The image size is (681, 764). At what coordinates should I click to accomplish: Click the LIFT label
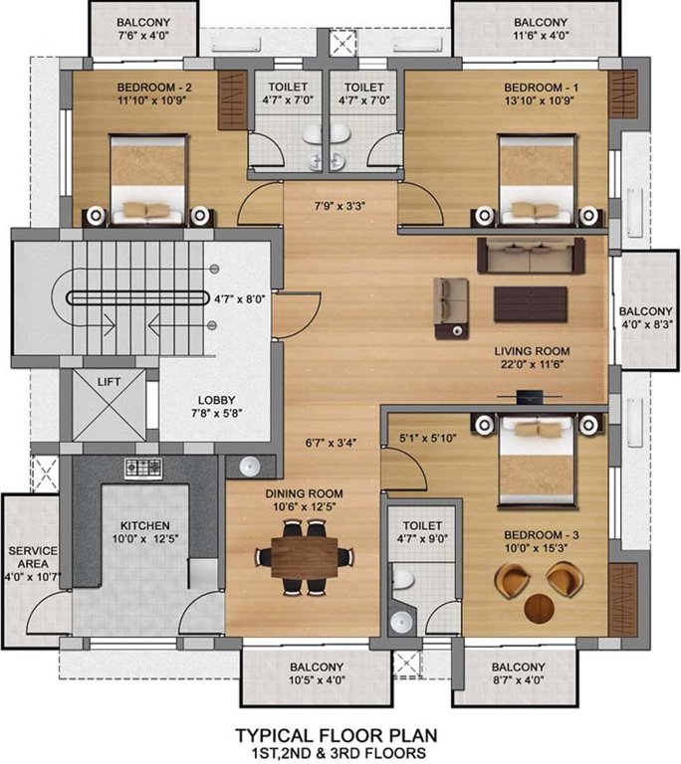point(109,382)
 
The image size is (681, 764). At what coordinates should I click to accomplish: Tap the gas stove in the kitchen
point(143,469)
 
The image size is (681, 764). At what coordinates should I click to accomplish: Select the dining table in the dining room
point(305,557)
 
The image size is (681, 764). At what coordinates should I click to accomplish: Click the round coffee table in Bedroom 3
point(539,608)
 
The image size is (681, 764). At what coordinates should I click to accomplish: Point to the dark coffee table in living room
point(531,304)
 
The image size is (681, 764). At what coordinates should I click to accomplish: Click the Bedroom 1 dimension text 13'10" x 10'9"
point(540,100)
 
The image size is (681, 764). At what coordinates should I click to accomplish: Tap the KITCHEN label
point(145,525)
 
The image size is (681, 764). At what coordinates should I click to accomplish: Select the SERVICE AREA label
point(33,557)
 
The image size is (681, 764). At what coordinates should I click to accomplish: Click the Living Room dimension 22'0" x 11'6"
point(532,364)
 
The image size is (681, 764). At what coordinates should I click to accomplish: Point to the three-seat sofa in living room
point(531,256)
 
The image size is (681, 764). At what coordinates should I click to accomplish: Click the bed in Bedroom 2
point(148,180)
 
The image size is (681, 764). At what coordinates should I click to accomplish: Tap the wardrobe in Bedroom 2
point(232,99)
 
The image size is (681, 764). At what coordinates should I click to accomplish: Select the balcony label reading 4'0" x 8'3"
point(646,324)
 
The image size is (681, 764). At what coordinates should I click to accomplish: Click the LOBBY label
point(217,400)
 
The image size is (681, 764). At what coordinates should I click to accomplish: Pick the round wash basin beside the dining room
point(249,467)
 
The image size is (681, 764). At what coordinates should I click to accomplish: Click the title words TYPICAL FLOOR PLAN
point(337,735)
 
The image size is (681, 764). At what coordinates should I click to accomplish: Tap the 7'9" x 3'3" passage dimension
point(340,206)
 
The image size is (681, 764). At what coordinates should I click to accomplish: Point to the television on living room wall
point(528,396)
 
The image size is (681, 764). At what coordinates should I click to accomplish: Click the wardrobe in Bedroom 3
point(623,600)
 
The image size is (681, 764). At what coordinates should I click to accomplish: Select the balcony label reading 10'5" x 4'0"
point(317,679)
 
